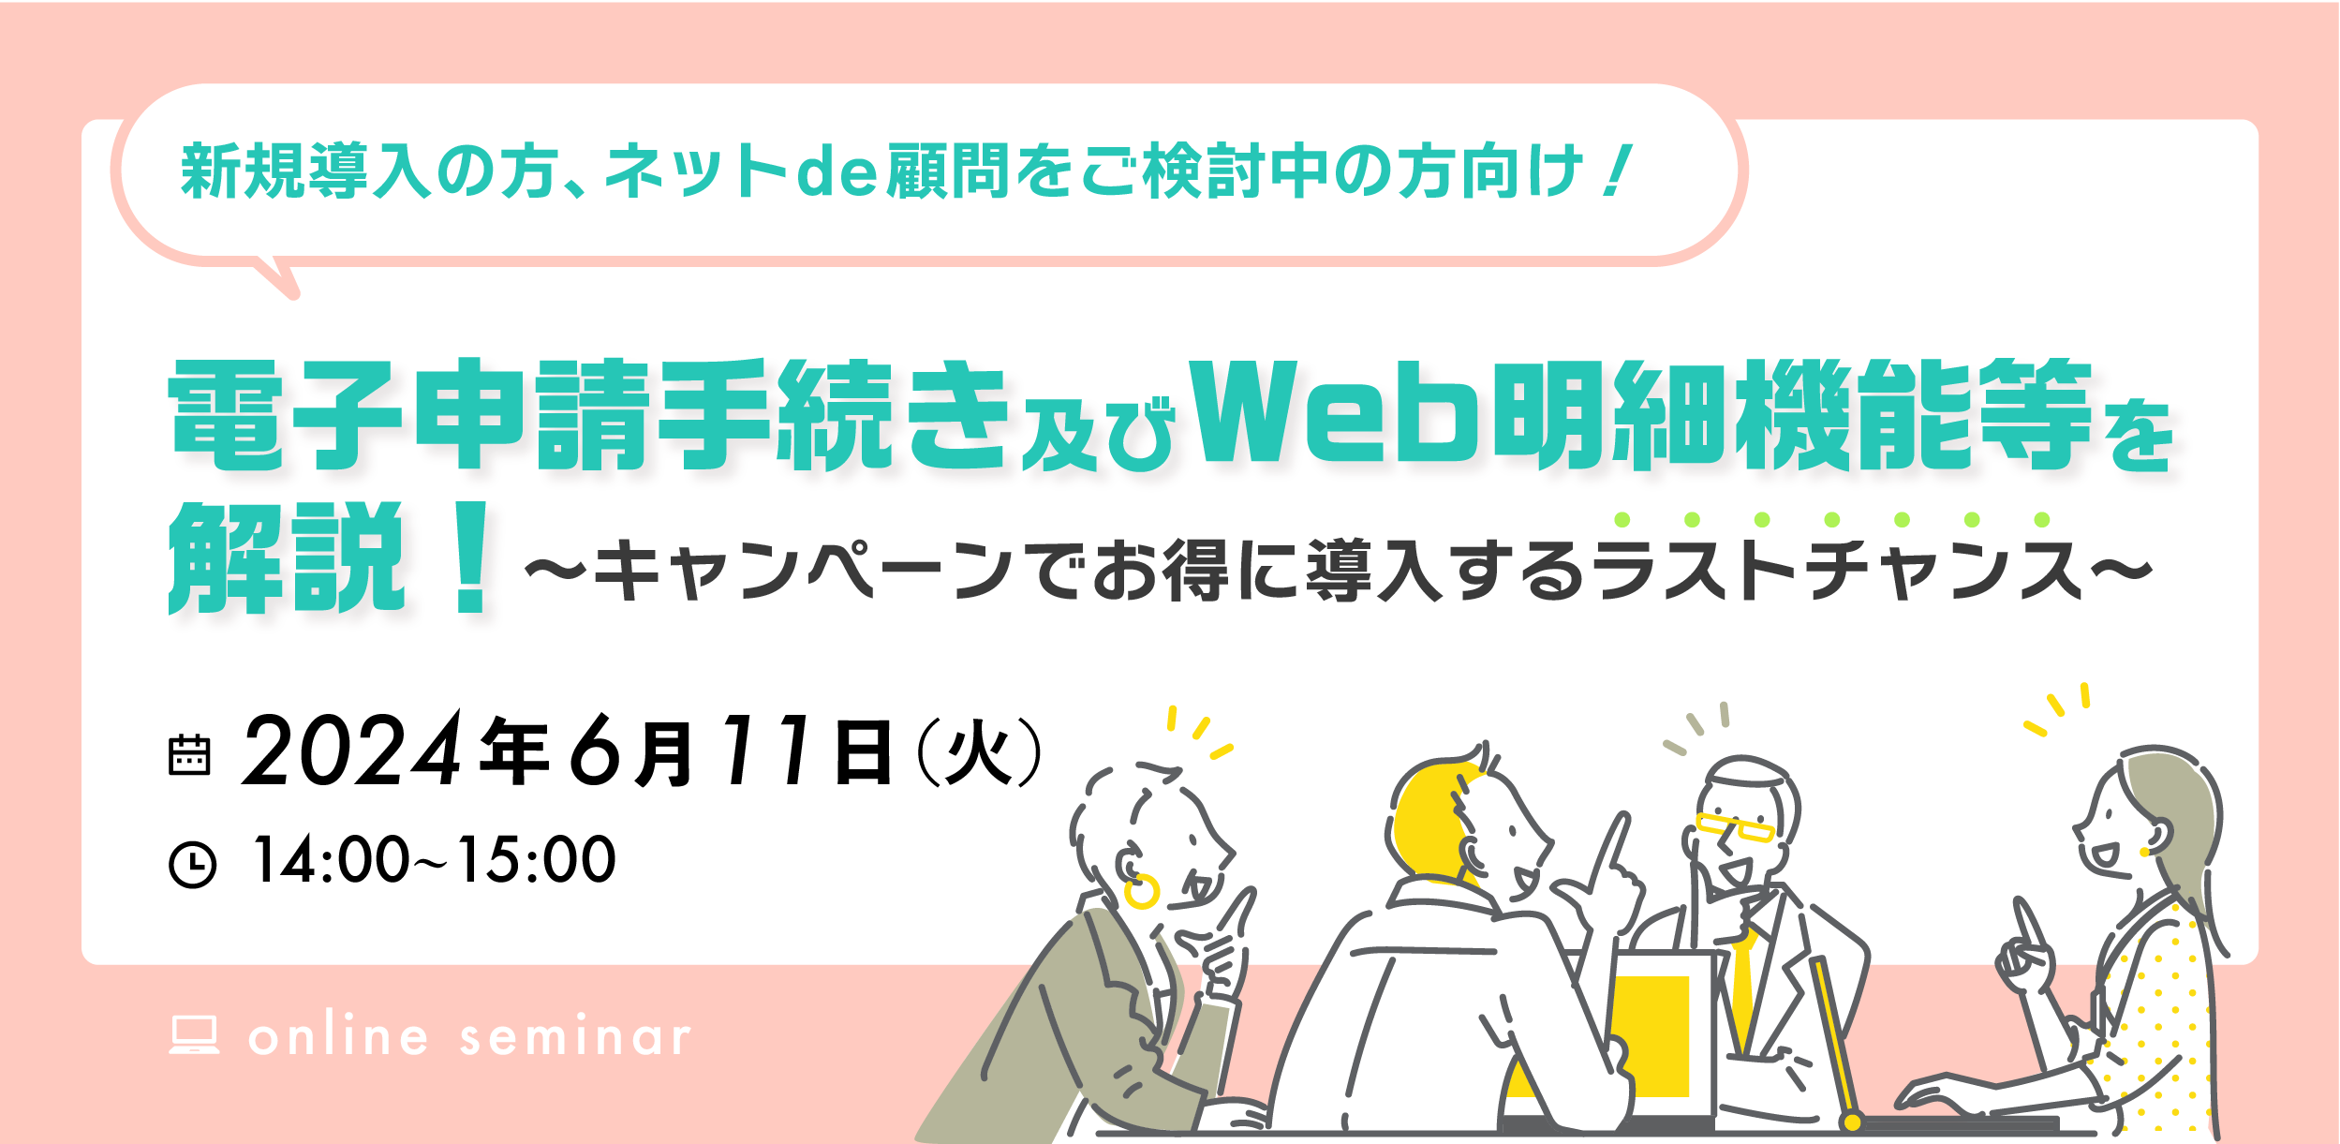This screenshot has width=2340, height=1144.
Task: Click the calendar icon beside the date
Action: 189,754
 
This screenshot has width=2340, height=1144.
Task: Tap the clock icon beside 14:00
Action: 192,864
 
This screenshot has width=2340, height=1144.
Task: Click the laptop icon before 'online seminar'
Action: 194,1034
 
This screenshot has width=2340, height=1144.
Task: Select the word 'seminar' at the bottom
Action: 575,1037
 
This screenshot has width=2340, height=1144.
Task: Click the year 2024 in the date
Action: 352,749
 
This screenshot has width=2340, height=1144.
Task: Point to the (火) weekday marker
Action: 980,751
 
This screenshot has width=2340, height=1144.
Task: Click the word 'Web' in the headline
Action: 1336,412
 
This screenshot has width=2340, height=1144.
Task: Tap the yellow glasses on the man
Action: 1735,826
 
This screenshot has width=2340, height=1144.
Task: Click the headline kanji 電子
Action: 286,413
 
